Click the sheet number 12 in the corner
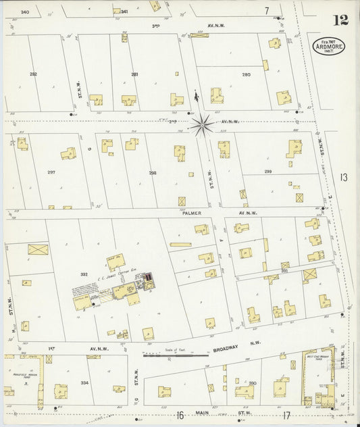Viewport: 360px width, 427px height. (x=340, y=18)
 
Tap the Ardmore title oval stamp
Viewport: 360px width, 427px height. (x=328, y=47)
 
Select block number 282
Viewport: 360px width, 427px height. (x=33, y=74)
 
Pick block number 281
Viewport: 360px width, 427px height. (x=134, y=74)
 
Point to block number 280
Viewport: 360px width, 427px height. (x=246, y=74)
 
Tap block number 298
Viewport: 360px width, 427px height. (x=153, y=173)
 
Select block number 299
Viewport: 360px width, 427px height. (x=267, y=172)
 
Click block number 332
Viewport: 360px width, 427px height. (x=84, y=274)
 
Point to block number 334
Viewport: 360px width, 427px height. (x=84, y=382)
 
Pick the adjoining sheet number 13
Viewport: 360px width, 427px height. (x=344, y=178)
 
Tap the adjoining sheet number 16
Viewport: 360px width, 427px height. (x=180, y=416)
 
